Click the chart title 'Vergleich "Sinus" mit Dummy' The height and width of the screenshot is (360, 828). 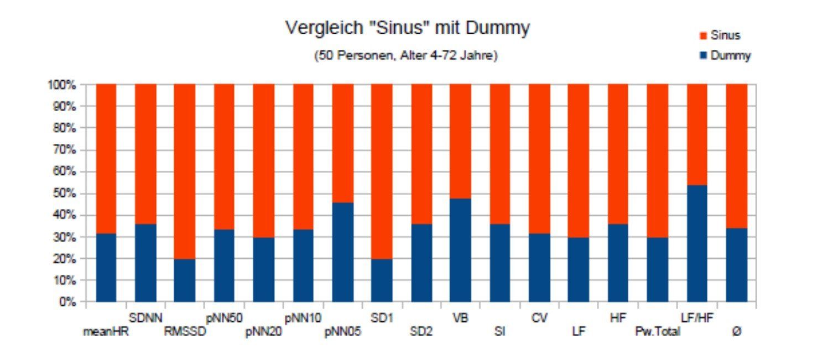click(x=407, y=28)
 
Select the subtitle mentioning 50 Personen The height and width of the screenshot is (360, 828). click(x=406, y=56)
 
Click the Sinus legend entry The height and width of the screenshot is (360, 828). click(x=725, y=35)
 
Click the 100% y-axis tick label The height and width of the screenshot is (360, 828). click(x=62, y=85)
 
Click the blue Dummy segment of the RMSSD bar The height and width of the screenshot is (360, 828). click(x=185, y=280)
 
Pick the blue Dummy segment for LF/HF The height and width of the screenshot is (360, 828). click(x=697, y=243)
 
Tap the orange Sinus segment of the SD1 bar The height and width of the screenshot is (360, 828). click(x=382, y=171)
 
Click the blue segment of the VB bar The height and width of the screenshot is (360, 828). click(x=460, y=250)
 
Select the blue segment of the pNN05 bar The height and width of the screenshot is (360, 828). click(x=342, y=252)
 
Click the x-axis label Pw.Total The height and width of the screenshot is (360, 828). click(x=658, y=332)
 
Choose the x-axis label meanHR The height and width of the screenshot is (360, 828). click(x=106, y=332)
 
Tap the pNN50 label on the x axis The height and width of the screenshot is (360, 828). click(x=224, y=318)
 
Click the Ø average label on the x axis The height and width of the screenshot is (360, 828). click(x=737, y=332)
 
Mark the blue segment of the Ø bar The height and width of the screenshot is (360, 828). click(x=737, y=265)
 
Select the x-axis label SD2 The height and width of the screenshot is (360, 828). click(x=421, y=332)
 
